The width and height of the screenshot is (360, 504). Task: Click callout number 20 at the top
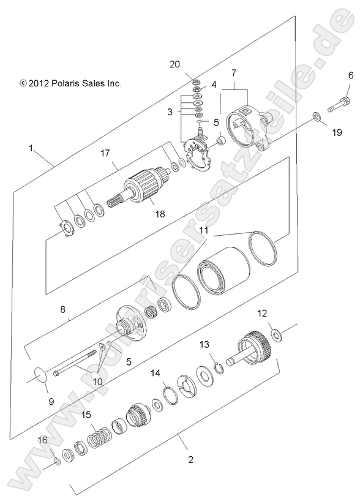[174, 65]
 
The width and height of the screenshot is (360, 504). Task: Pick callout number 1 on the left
[30, 148]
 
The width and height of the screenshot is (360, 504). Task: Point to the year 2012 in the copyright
[41, 83]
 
